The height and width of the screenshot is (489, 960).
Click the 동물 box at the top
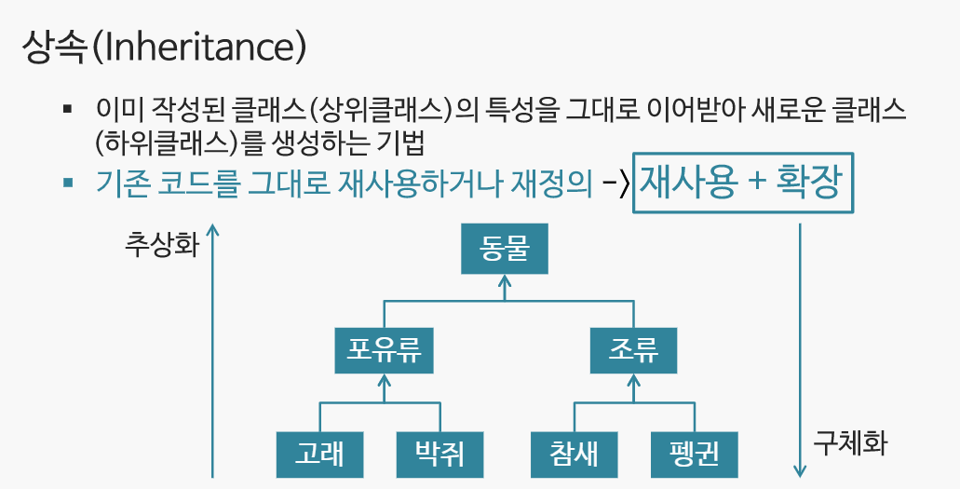(505, 251)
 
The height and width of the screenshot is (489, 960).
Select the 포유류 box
(385, 350)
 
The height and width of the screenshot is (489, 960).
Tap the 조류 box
(633, 350)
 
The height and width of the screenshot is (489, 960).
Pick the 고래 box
(319, 455)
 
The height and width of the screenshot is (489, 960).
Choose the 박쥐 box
(440, 455)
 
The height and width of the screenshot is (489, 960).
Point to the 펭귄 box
(695, 455)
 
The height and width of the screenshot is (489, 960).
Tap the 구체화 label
(850, 441)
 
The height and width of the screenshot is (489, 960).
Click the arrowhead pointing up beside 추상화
(214, 228)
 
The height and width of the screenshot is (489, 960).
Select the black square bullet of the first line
(68, 110)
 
